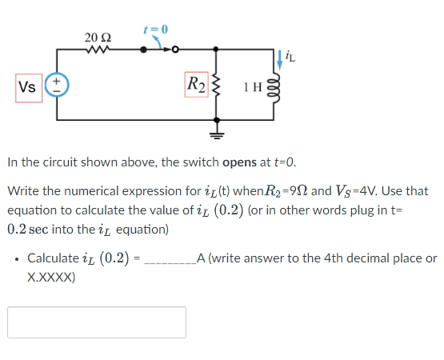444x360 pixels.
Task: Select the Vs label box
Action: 27,86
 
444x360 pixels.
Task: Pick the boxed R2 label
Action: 194,84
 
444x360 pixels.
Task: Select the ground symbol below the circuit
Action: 215,129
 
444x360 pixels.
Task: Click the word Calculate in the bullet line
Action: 53,258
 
